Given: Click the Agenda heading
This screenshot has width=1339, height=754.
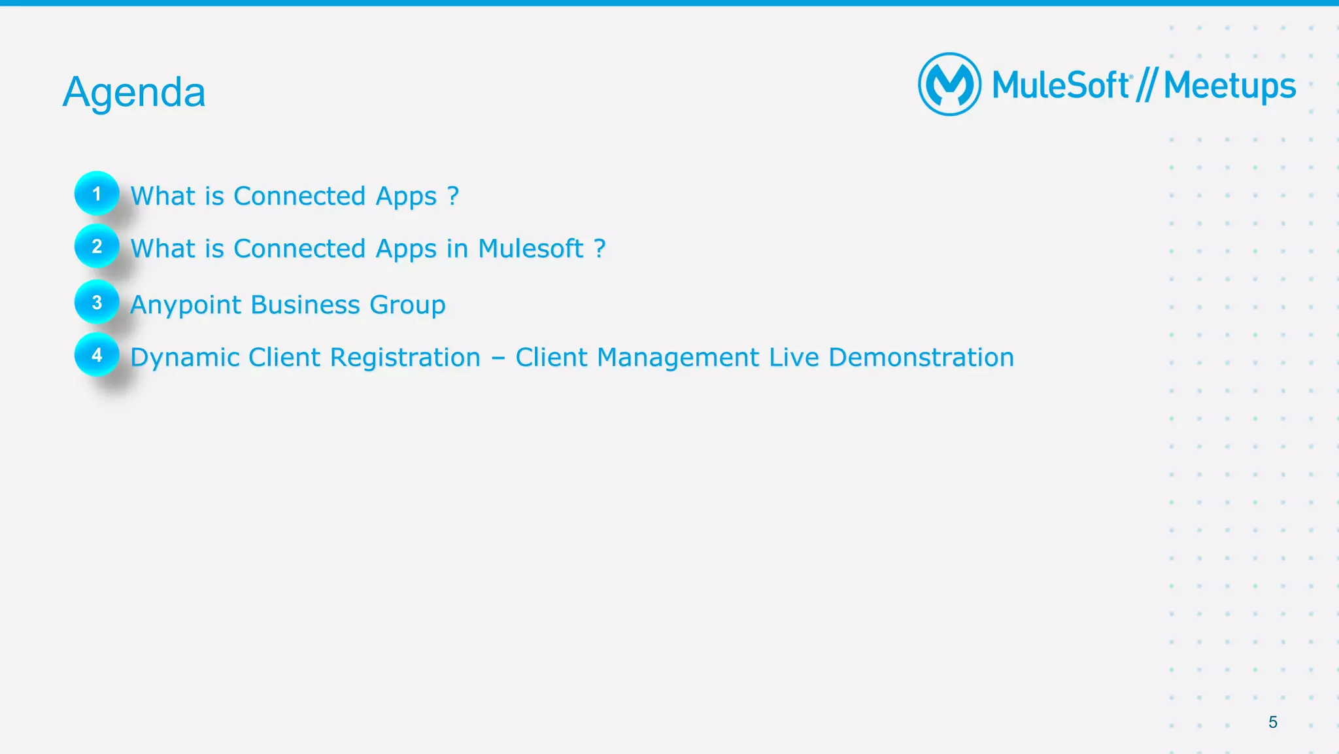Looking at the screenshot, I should [134, 92].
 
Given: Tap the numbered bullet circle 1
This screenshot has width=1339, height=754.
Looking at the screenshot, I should [97, 194].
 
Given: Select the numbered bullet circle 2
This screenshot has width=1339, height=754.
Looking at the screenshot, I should [97, 247].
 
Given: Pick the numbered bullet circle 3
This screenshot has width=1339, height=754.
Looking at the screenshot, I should [97, 302].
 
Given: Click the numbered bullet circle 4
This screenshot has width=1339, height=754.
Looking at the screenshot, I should [97, 355].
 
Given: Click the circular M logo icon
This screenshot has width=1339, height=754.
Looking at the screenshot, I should [949, 84].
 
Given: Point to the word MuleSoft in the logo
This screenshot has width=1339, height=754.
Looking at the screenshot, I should [1060, 86].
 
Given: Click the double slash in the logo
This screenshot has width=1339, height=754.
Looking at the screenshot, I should [1147, 86].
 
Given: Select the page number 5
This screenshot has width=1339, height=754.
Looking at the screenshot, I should [1272, 722].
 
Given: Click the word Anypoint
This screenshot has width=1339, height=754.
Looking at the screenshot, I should [186, 305].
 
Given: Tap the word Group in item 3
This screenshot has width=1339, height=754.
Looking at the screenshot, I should [407, 305].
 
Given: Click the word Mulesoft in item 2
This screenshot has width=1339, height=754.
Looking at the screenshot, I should [530, 248].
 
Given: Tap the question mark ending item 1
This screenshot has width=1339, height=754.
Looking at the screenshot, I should [453, 196].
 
